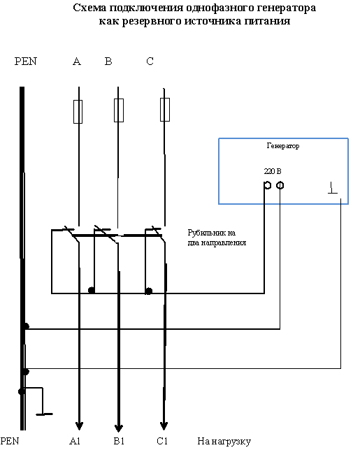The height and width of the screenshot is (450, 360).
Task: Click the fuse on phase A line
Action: pyautogui.click(x=78, y=112)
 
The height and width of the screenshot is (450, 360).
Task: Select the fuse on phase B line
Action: pyautogui.click(x=119, y=110)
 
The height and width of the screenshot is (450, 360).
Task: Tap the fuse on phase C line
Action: pyautogui.click(x=165, y=110)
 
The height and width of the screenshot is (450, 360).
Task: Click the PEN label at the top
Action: pyautogui.click(x=26, y=61)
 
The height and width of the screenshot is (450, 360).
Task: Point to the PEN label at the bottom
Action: pyautogui.click(x=10, y=441)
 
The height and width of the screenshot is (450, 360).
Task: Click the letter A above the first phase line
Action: pyautogui.click(x=77, y=61)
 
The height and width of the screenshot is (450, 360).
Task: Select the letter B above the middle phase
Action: pyautogui.click(x=108, y=61)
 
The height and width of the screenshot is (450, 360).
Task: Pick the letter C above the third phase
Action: pyautogui.click(x=150, y=61)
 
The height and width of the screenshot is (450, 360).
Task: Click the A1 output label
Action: pyautogui.click(x=75, y=441)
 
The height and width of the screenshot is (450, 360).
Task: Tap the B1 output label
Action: pyautogui.click(x=119, y=441)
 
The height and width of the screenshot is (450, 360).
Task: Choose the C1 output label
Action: pyautogui.click(x=162, y=441)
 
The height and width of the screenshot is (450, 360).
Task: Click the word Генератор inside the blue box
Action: pyautogui.click(x=283, y=146)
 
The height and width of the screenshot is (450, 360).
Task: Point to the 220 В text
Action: pyautogui.click(x=273, y=171)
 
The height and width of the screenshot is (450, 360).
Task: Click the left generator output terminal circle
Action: pyautogui.click(x=268, y=185)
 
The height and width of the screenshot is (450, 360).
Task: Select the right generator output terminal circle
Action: pyautogui.click(x=280, y=185)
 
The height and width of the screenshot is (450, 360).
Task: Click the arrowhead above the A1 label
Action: pyautogui.click(x=79, y=426)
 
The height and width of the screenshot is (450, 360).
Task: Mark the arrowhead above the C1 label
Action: pyautogui.click(x=164, y=426)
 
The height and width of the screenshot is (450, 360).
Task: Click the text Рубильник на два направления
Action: pyautogui.click(x=217, y=238)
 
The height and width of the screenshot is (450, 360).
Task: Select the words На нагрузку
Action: pyautogui.click(x=224, y=442)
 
